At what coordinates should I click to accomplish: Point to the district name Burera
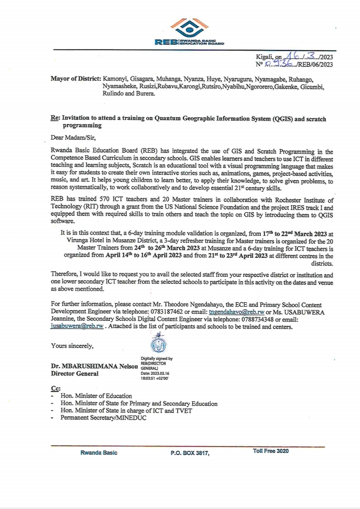[x=145, y=94]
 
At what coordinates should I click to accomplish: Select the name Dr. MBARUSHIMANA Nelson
[x=94, y=366]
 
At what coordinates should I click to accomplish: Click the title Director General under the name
[x=75, y=373]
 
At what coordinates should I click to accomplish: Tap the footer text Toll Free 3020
[x=270, y=451]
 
